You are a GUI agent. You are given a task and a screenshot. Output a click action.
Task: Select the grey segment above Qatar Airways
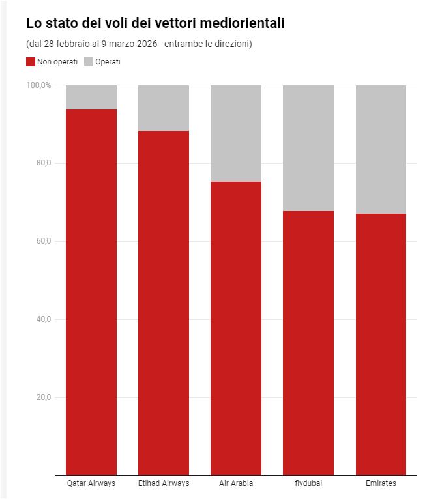(91, 97)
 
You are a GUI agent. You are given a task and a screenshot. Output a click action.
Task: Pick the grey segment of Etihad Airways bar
(164, 107)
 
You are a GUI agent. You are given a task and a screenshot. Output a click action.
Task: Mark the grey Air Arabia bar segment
(236, 133)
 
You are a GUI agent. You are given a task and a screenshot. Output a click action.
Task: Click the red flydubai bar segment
(308, 343)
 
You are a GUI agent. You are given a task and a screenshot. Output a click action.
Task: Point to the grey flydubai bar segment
(308, 148)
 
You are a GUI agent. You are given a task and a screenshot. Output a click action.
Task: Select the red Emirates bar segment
(381, 344)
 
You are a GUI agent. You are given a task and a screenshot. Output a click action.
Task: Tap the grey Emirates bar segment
(381, 149)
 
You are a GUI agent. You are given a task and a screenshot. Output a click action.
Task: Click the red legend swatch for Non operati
(31, 62)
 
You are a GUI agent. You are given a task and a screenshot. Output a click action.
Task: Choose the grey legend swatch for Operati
(89, 62)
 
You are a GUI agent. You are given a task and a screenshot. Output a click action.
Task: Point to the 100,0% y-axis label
(38, 85)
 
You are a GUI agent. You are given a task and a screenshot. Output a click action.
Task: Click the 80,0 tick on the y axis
(43, 163)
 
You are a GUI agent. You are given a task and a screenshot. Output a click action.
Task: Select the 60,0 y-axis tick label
(43, 241)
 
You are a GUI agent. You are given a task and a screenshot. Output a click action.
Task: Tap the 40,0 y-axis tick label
(43, 319)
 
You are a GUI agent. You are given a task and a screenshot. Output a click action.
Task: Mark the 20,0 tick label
(43, 397)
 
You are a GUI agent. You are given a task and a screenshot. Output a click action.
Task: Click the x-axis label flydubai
(308, 483)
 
